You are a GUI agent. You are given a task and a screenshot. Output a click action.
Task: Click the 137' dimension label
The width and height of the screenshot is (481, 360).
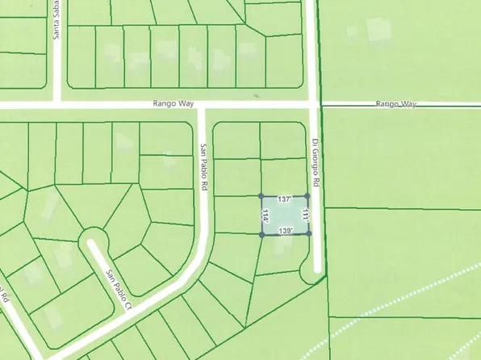click(283, 199)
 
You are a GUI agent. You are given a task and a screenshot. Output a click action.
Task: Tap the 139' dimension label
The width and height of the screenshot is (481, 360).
click(285, 231)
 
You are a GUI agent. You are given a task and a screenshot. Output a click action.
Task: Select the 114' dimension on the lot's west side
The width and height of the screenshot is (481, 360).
click(266, 216)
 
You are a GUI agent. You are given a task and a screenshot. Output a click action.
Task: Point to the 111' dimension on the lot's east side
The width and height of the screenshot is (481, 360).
click(305, 215)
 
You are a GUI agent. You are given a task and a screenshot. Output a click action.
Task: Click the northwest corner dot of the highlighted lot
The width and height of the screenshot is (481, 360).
click(261, 196)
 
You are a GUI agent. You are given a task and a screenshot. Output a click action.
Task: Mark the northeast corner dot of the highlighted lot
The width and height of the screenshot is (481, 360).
click(307, 196)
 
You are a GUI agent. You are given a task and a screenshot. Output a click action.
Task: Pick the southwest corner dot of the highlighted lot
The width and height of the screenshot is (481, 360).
click(261, 235)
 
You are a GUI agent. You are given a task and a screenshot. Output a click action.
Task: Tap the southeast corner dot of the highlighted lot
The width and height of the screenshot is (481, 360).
click(309, 234)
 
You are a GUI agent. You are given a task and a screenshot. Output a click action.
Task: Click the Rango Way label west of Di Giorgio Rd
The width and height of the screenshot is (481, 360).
click(169, 105)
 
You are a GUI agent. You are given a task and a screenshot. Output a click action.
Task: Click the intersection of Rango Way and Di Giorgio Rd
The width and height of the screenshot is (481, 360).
click(316, 106)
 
